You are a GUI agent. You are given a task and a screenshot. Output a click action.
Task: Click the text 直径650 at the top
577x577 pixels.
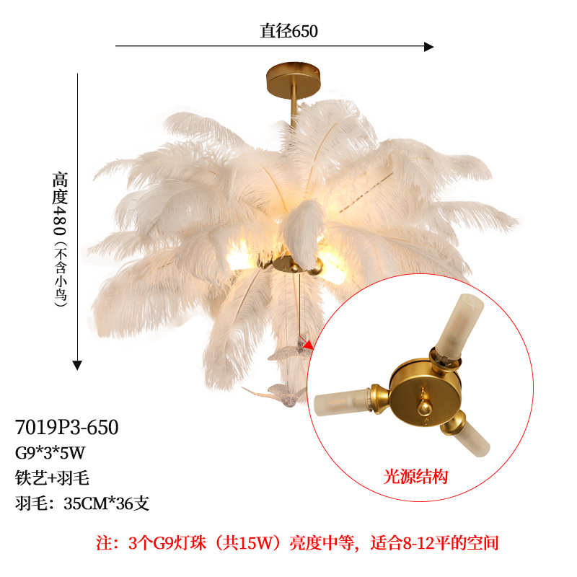click(x=288, y=31)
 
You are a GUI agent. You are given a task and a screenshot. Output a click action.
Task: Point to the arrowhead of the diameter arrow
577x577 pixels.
click(x=428, y=47)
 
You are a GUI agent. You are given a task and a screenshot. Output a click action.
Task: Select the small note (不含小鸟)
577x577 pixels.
click(x=61, y=276)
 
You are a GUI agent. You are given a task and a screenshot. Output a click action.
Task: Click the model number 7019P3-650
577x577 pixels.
click(x=66, y=427)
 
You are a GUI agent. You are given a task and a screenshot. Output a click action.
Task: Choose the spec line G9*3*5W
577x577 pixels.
click(x=50, y=454)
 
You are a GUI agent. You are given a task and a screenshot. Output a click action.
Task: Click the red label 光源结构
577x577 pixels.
click(x=415, y=477)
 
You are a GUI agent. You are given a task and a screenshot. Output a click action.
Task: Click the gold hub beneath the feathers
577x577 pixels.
click(x=292, y=264)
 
